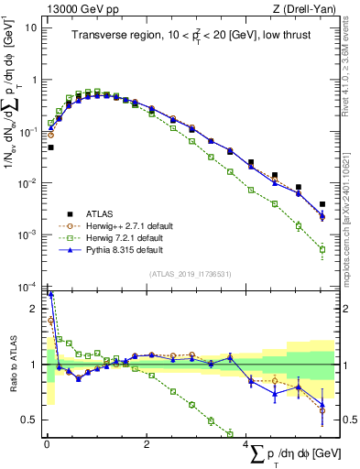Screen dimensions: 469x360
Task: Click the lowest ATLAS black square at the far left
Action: (50, 147)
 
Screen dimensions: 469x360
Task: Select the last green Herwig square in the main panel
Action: (322, 249)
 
